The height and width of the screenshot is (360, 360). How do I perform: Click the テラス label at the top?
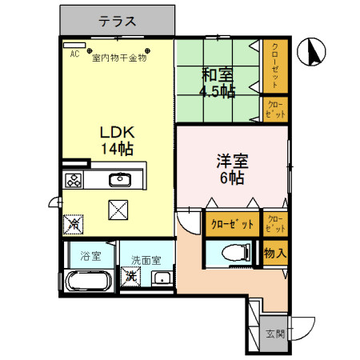click(117, 22)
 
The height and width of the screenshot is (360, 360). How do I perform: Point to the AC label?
click(74, 55)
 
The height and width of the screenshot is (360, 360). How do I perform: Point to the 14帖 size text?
click(117, 149)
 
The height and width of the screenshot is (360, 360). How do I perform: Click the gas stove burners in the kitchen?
click(74, 180)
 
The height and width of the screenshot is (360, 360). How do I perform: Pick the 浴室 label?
click(90, 257)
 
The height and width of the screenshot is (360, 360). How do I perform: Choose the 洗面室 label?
click(146, 259)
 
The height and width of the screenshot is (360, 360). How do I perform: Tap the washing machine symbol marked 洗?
click(130, 276)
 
